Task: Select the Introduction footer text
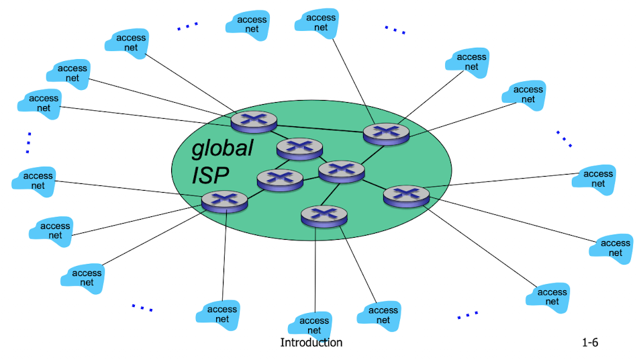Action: point(311,343)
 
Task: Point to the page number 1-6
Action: point(590,343)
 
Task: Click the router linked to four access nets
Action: point(224,200)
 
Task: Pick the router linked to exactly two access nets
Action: point(324,215)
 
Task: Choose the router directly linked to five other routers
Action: point(341,171)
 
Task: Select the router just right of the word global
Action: point(299,146)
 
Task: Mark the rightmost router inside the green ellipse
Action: point(406,195)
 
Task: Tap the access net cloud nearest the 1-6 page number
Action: point(552,296)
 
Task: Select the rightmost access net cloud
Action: point(611,248)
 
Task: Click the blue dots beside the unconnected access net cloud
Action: point(188,26)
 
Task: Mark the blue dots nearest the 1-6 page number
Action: point(468,314)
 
